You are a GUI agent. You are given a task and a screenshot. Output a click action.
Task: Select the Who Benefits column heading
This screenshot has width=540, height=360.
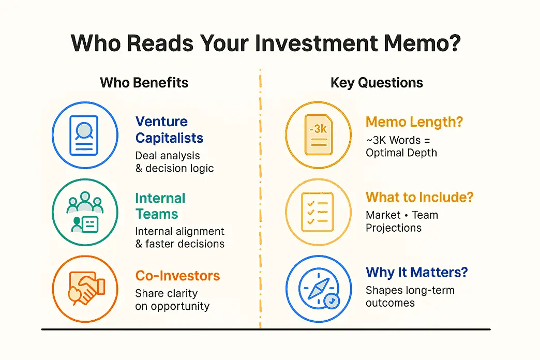[x=144, y=83]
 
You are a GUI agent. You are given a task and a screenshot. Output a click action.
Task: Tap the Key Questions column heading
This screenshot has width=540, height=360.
[x=377, y=83]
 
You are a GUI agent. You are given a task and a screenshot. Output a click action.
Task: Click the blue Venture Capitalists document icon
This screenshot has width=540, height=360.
[x=85, y=135]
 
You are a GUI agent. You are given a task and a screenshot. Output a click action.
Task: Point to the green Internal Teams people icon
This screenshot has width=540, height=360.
[x=85, y=213]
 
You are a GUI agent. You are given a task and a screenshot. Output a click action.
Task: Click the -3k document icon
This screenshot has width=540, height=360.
[x=318, y=135]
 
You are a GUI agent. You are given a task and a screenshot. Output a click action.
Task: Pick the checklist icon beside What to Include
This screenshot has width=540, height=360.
[x=318, y=213]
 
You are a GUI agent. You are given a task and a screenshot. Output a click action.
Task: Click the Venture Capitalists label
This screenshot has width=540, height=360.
[x=169, y=130]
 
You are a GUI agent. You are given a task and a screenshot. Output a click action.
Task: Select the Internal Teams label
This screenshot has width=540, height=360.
[x=160, y=206]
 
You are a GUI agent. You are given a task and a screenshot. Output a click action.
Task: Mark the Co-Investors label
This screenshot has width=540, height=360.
[x=177, y=276]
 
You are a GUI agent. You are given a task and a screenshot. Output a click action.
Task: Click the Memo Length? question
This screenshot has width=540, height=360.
[x=414, y=122]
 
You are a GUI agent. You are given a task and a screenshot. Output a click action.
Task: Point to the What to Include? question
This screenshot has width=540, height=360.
[x=419, y=197]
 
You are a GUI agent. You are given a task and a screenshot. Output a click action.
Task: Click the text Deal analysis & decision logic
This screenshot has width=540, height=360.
[x=174, y=161]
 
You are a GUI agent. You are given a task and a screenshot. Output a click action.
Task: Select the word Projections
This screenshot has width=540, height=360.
[x=394, y=228]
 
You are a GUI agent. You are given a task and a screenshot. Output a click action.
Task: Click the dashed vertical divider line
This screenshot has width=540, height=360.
[x=260, y=207]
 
